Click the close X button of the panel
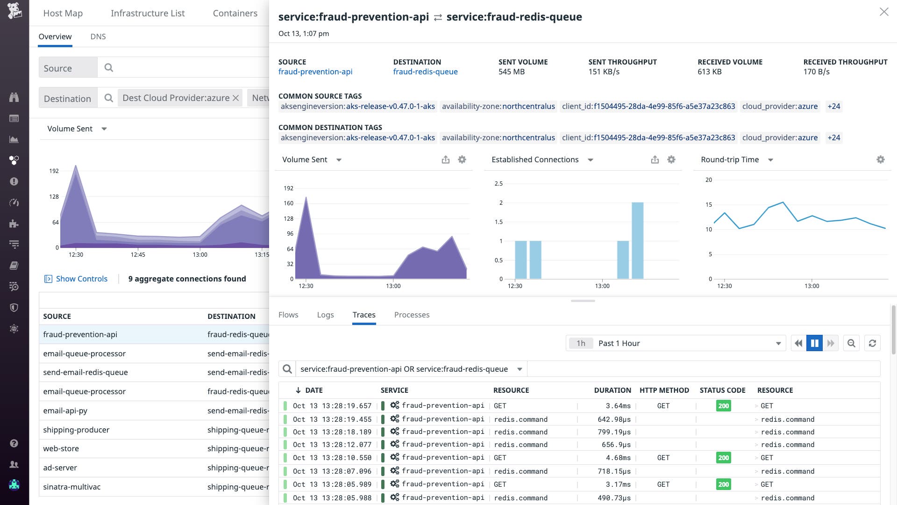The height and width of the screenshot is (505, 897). click(x=883, y=12)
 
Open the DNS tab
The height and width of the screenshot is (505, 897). click(x=98, y=36)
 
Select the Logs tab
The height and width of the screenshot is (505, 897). click(x=325, y=315)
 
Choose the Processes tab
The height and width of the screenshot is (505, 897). click(x=412, y=315)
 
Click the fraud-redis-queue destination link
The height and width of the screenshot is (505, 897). click(x=425, y=72)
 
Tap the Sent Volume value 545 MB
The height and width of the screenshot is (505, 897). click(x=512, y=72)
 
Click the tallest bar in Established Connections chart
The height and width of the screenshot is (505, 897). click(x=637, y=240)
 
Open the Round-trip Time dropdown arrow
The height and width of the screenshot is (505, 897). click(x=771, y=160)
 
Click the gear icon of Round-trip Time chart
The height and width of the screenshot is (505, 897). click(x=880, y=159)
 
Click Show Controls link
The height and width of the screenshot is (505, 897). click(x=81, y=279)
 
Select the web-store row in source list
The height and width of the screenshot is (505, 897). click(x=61, y=448)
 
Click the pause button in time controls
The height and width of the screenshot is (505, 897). click(x=814, y=343)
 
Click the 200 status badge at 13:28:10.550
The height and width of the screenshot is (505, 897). click(x=723, y=458)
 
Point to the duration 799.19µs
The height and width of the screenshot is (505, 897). click(x=614, y=432)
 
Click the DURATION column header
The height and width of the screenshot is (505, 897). click(x=612, y=390)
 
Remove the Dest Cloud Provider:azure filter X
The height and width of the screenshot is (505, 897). click(x=236, y=98)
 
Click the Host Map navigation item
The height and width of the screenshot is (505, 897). click(x=63, y=13)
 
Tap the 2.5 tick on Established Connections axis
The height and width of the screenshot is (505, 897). click(x=498, y=183)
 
